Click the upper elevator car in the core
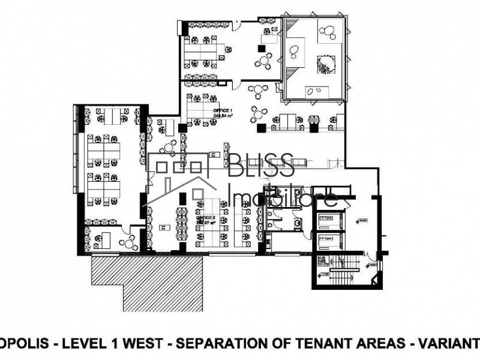click(329, 219)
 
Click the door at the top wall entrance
click(238, 25)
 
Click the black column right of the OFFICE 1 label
click(261, 127)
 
